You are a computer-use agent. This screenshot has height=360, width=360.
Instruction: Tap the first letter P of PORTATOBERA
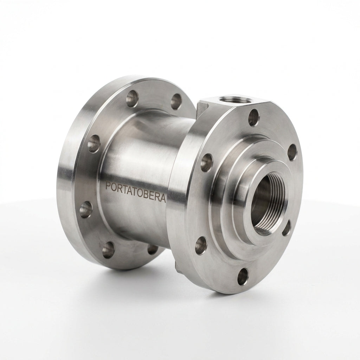click(108, 186)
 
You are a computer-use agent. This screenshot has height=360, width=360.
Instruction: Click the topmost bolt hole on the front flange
click(254, 117)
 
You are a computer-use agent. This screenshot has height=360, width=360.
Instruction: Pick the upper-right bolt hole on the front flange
click(292, 150)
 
